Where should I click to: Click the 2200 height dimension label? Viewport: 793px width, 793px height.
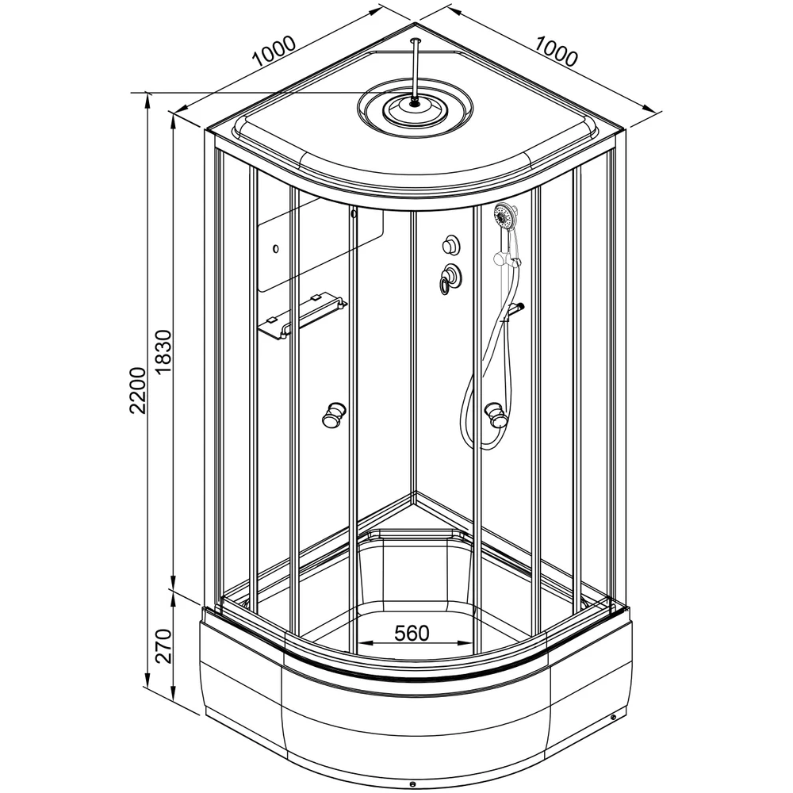[137, 390]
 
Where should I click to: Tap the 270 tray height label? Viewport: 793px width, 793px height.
[164, 646]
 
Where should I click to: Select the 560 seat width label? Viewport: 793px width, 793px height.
[412, 633]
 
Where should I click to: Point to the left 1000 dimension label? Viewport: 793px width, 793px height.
[274, 51]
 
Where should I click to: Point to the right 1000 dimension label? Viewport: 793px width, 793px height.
[555, 51]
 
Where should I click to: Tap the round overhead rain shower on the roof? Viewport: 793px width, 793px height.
[416, 109]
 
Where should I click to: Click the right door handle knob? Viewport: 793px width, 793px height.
[496, 414]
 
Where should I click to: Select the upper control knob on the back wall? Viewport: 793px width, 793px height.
[450, 245]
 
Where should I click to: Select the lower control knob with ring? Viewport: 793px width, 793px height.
[450, 278]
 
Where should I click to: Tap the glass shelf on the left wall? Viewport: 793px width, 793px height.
[302, 316]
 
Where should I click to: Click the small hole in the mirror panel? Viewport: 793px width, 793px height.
[276, 249]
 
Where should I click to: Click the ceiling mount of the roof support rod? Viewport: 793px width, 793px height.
[416, 40]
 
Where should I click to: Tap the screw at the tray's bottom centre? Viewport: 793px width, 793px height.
[412, 784]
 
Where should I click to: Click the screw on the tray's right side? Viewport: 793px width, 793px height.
[614, 717]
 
